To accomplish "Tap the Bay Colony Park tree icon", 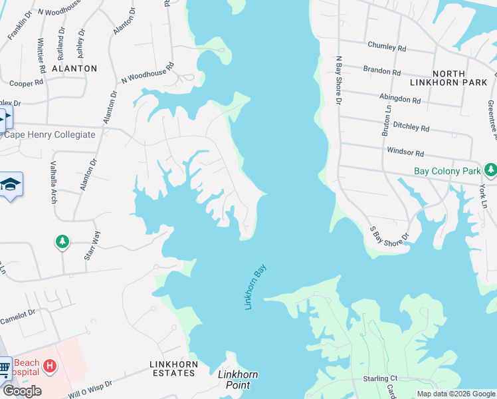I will tap(491, 171).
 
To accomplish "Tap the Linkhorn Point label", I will tap(238, 380).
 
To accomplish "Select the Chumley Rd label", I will tap(386, 47).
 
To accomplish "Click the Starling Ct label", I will tap(380, 378).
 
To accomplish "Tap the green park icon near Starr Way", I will tap(62, 241).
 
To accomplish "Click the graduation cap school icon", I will tap(11, 184).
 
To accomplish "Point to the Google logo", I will tap(22, 391).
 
